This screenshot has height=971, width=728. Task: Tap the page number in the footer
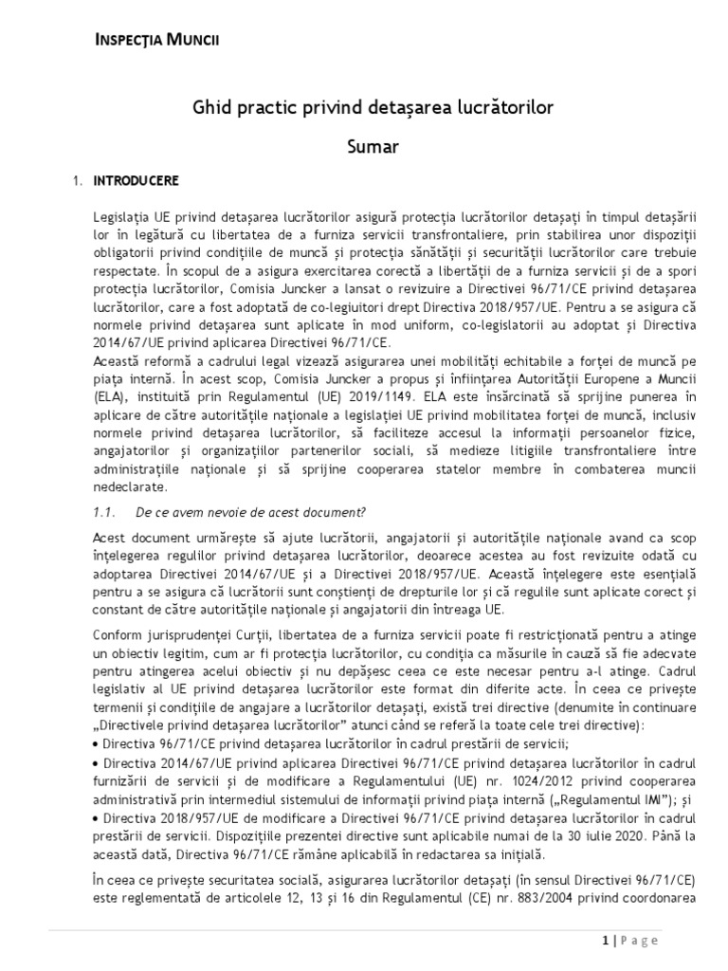[606, 940]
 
